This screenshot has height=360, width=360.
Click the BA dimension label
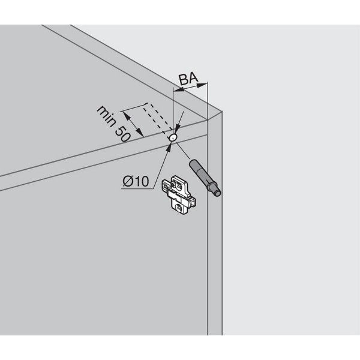point(188,78)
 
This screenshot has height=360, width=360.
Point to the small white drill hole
point(173,137)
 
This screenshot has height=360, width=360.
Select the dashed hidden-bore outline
point(157,118)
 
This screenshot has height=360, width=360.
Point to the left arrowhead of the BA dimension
point(176,91)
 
